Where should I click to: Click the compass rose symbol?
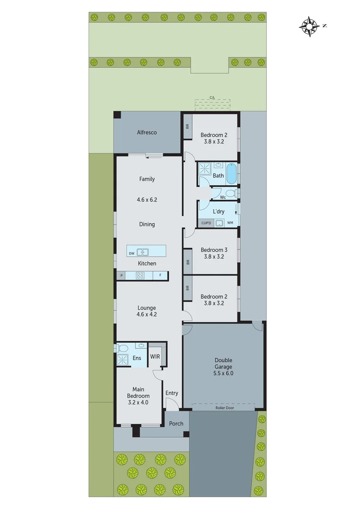coord(309,26)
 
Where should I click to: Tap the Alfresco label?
coord(147,132)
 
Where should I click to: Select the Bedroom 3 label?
coord(214,250)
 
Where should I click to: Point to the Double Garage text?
coord(223,362)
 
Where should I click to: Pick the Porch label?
coord(176,424)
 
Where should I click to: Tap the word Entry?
coord(172,393)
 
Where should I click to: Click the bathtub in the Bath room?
coord(231,174)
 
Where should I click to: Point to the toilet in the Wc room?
coord(230,193)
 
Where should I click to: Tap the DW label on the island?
coord(131,253)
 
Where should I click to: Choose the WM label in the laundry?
coord(230,222)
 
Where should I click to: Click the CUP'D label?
coord(206,222)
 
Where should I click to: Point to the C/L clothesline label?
coord(213,98)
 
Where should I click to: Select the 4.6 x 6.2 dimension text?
coord(147,200)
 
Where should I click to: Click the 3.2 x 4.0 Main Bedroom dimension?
coord(138,402)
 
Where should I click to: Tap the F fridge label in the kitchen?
coord(160,275)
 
